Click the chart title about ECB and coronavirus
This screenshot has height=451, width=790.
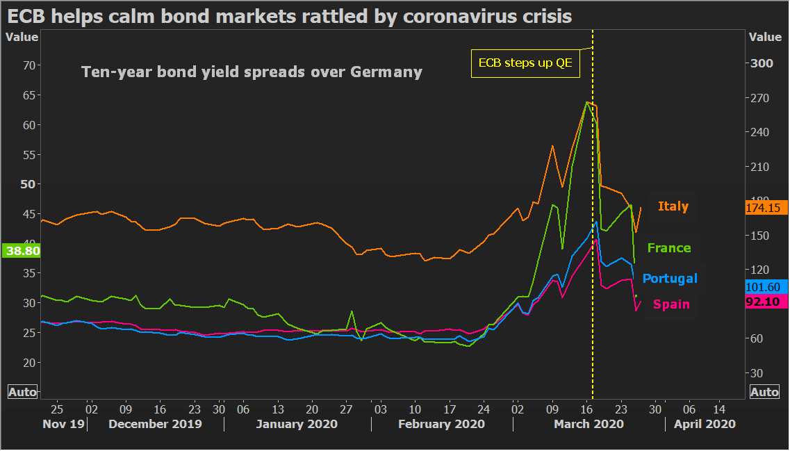[x=290, y=16]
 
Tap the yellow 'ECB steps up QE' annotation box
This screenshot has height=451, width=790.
[x=525, y=64]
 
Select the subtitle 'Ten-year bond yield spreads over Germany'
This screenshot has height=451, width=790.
[x=252, y=72]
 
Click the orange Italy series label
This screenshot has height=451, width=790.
[x=673, y=206]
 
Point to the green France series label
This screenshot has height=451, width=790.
[x=668, y=248]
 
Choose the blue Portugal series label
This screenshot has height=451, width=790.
[x=669, y=279]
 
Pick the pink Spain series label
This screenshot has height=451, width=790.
[x=671, y=304]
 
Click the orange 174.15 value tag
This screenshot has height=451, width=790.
[x=766, y=208]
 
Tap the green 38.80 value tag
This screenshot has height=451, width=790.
[x=22, y=251]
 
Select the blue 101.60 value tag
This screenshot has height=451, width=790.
[x=766, y=286]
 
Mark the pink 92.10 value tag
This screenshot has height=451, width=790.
[x=766, y=302]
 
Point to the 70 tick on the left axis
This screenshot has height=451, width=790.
[x=29, y=65]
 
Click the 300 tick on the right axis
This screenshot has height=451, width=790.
[x=763, y=64]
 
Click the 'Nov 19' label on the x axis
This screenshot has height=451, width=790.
[x=63, y=424]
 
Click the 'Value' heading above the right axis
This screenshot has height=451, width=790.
[x=765, y=38]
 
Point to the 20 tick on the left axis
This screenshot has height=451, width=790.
[x=29, y=363]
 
